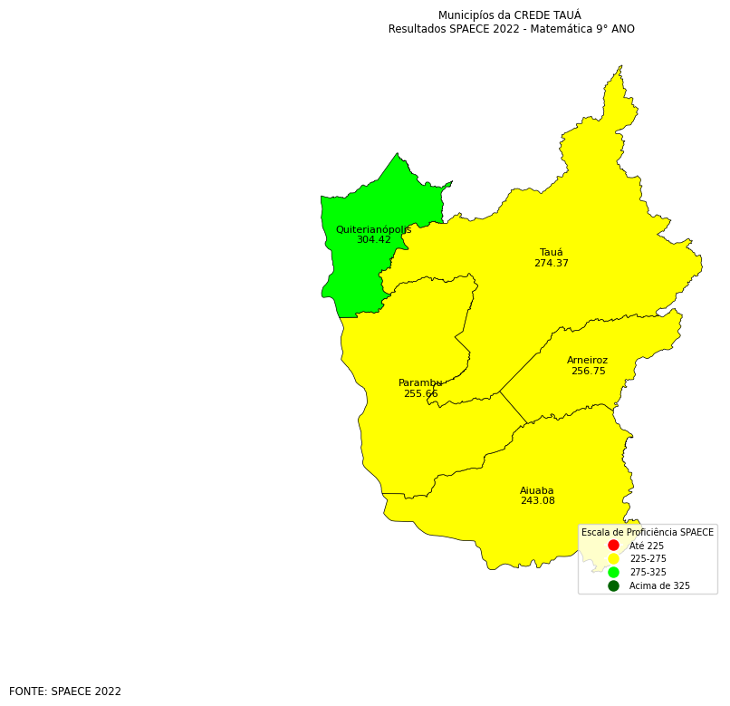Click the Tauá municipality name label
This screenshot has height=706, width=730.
(x=551, y=253)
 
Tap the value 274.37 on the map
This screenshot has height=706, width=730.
(x=551, y=264)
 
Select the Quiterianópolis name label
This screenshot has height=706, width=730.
(x=373, y=230)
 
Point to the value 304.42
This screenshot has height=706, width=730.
(x=373, y=240)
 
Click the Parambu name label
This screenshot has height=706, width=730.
(x=420, y=383)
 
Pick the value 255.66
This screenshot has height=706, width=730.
(x=420, y=394)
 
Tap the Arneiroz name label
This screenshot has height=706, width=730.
(x=587, y=361)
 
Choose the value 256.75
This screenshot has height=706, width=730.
(x=588, y=372)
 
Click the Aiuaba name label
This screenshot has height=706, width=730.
(x=536, y=490)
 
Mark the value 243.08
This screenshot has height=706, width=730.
(x=537, y=501)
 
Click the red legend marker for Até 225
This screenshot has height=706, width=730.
(x=613, y=546)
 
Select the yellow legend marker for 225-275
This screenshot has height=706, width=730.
(x=613, y=559)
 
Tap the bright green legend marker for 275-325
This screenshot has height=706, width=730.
(x=613, y=573)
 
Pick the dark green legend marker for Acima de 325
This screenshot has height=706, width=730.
(x=613, y=586)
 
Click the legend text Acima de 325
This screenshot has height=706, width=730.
(x=659, y=586)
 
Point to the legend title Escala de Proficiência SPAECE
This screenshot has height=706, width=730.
(x=647, y=533)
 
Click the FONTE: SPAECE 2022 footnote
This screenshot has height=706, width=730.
(x=65, y=691)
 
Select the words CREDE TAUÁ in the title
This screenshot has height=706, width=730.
(x=547, y=15)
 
